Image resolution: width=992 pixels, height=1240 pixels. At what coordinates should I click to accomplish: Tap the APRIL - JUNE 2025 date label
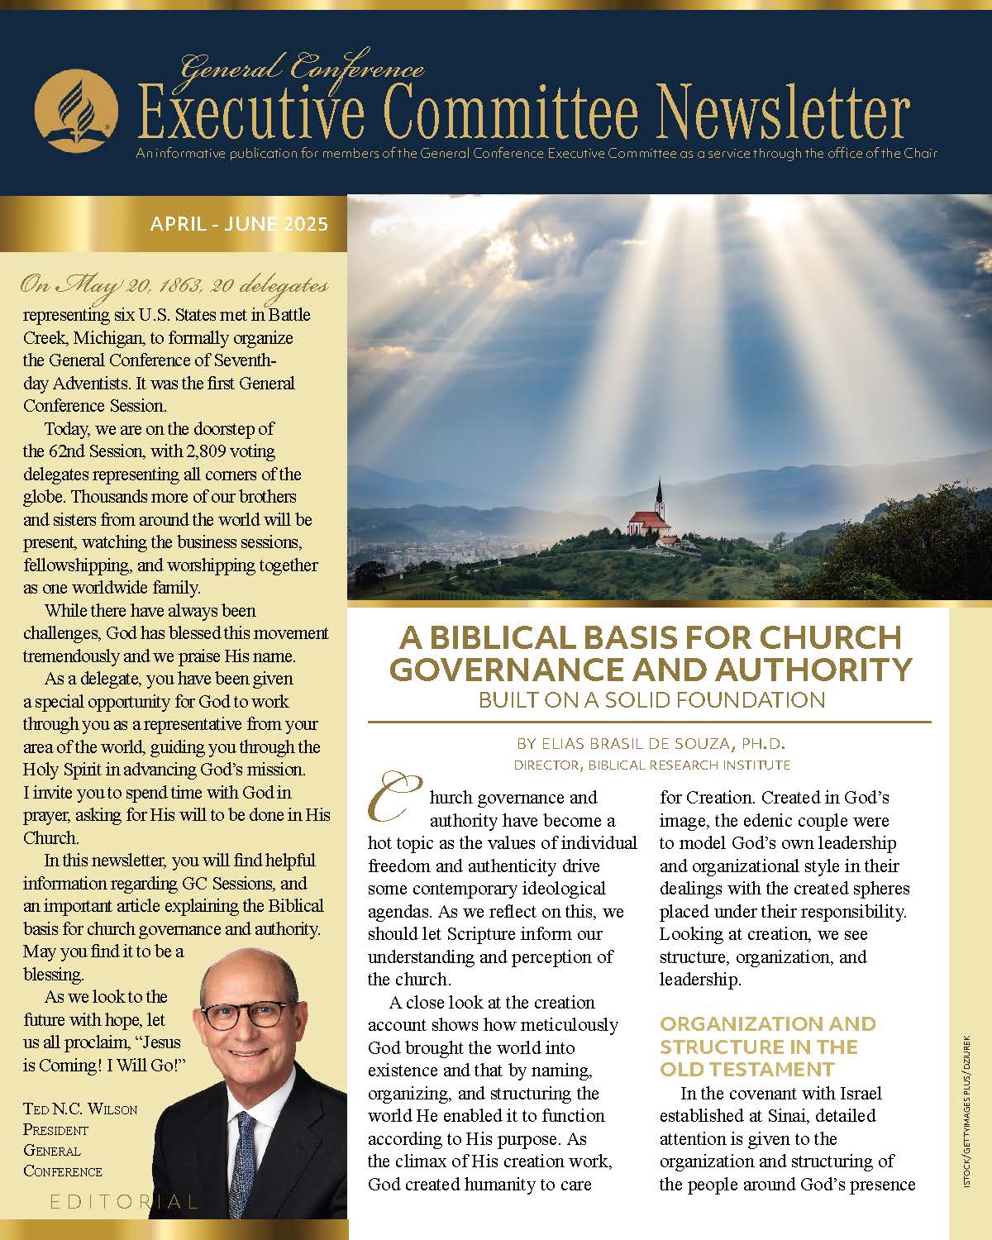coord(239,224)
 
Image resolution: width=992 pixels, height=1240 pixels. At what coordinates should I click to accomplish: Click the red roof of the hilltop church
coord(647,518)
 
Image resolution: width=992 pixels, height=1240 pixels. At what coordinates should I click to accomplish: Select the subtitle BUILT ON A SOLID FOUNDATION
coord(651,700)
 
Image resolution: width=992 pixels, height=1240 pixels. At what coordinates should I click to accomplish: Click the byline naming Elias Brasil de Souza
coord(651,744)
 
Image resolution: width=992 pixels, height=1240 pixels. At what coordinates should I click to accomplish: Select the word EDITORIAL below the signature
coord(124,1202)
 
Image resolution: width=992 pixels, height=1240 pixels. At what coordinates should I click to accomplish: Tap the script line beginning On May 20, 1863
coord(174,286)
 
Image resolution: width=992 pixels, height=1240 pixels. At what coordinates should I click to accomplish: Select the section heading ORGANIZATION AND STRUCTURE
coord(768,1046)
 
